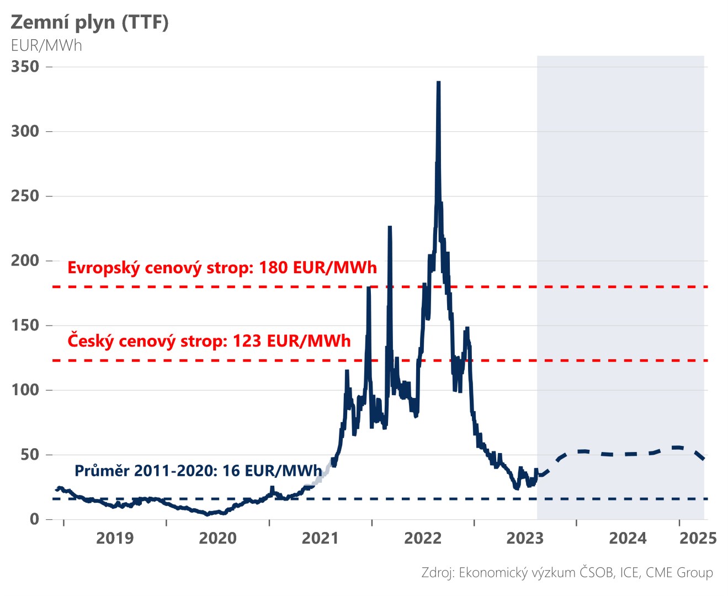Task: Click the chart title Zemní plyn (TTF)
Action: click(x=89, y=23)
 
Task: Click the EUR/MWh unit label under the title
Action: click(x=46, y=45)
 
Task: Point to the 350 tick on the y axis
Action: click(x=25, y=67)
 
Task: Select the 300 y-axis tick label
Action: click(x=25, y=131)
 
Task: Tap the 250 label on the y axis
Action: click(x=25, y=196)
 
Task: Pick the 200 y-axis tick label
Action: click(x=25, y=260)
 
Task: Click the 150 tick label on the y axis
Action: click(x=25, y=325)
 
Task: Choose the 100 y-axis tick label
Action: click(x=25, y=390)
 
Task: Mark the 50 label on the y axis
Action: click(x=30, y=455)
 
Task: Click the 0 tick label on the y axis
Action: click(x=34, y=519)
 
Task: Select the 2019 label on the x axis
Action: click(x=115, y=538)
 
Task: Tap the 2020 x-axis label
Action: click(x=217, y=538)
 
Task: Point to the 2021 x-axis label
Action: click(x=320, y=538)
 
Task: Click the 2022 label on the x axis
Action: click(x=423, y=538)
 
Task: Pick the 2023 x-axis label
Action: click(x=525, y=538)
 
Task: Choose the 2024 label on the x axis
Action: click(x=628, y=538)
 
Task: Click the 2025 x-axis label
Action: click(x=698, y=538)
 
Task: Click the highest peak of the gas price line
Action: click(x=438, y=83)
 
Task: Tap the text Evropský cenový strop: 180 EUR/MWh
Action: click(x=222, y=268)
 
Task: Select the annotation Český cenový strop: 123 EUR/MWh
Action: click(x=209, y=341)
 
